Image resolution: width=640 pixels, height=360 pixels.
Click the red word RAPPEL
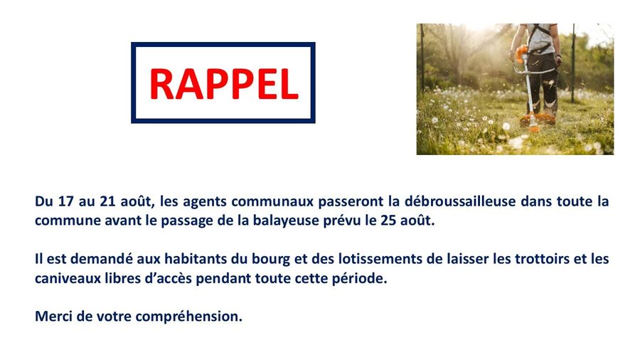point(224,84)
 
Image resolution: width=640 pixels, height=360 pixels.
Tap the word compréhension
point(189,317)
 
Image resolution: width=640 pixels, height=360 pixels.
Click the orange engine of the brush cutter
point(521,53)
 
